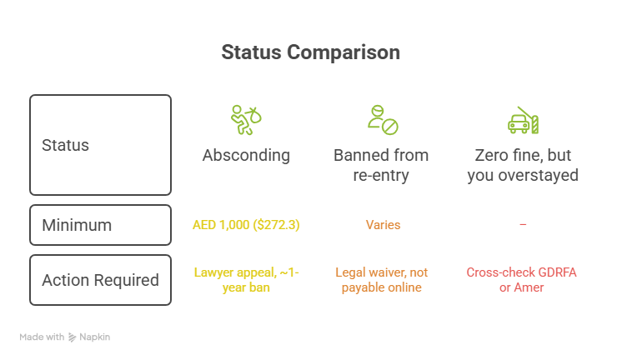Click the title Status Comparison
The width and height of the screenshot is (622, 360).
coord(311,52)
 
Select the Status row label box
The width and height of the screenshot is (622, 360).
coord(100,145)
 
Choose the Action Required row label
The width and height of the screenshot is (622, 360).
coord(100,280)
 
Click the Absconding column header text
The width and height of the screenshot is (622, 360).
coord(246,156)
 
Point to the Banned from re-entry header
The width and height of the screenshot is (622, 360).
coord(381,165)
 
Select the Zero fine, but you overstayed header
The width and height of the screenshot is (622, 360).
coord(523,165)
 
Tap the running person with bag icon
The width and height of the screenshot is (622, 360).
coord(246,120)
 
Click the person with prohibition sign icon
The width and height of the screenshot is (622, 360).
coord(383,120)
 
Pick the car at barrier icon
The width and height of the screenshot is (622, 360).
coord(524,120)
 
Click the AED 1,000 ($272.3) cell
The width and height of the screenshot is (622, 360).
coord(246,225)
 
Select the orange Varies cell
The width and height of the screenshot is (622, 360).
coord(384,225)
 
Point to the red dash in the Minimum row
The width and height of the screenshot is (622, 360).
coord(524,224)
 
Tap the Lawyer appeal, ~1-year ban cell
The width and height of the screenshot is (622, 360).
coord(246,280)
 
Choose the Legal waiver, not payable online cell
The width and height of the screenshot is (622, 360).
coord(382,280)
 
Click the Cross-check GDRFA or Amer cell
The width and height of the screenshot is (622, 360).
coord(522,280)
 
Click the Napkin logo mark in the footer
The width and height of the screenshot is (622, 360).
coord(72,337)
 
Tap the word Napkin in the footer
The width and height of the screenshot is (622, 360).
coord(95,337)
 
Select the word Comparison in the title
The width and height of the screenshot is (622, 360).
coord(344,52)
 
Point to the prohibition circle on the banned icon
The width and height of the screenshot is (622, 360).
coord(390,127)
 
